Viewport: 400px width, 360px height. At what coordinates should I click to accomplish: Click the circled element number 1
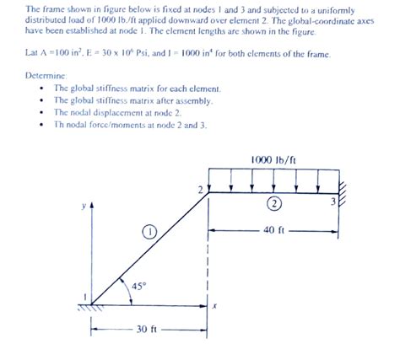click(149, 230)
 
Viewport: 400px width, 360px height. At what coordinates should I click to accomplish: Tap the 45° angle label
click(138, 286)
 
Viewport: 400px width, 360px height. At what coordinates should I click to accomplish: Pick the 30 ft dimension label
click(148, 330)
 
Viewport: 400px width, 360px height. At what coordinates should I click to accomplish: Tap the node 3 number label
click(332, 201)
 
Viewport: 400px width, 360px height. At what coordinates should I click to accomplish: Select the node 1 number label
click(84, 294)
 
